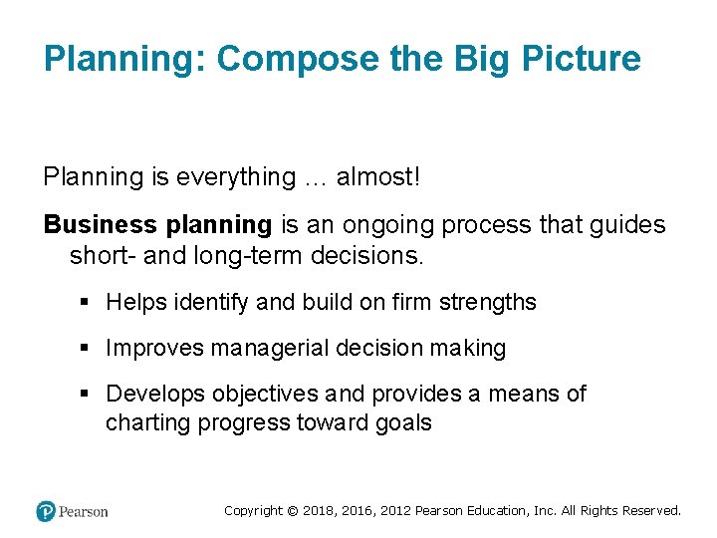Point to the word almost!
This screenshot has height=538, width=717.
378,177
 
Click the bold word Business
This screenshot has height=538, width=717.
100,225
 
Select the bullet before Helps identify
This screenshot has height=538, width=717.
87,302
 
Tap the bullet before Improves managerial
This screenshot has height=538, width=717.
87,349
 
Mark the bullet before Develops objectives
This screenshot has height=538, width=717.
87,395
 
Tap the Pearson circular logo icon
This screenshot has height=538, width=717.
46,511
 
